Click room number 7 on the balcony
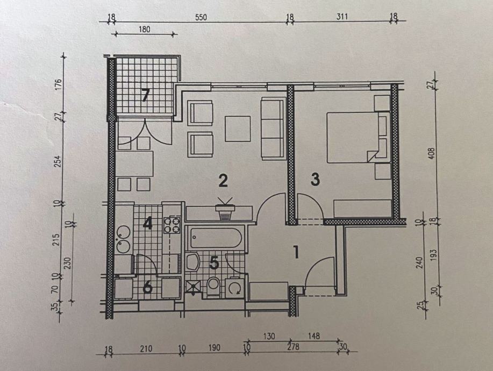[x=145, y=95]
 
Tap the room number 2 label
[x=223, y=181]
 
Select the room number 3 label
[x=315, y=179]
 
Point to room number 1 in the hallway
[x=296, y=253]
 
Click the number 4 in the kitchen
[x=147, y=224]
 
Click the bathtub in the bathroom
[x=216, y=238]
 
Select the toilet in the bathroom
[x=213, y=286]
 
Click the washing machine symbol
[x=235, y=287]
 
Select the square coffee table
[x=238, y=129]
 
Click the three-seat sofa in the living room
[x=273, y=129]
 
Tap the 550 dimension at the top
[x=201, y=17]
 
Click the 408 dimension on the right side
[x=432, y=153]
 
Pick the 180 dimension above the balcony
[x=144, y=29]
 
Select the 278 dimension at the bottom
[x=293, y=347]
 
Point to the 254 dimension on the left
[x=59, y=161]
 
